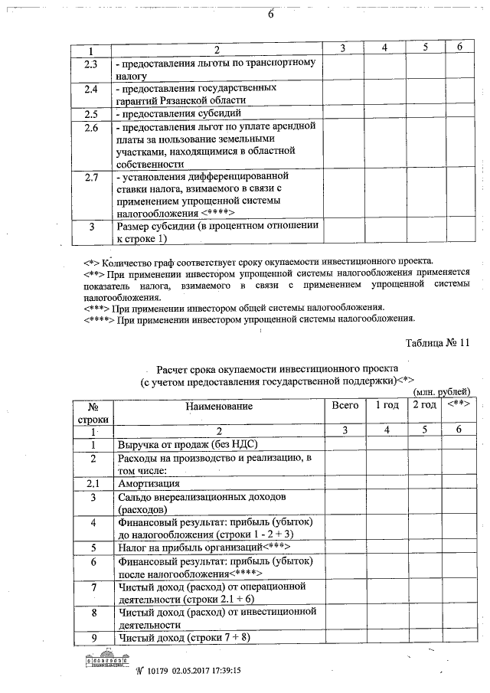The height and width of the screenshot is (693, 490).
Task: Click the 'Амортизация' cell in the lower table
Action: pyautogui.click(x=149, y=484)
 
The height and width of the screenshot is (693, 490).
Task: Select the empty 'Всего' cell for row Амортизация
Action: pyautogui.click(x=344, y=484)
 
